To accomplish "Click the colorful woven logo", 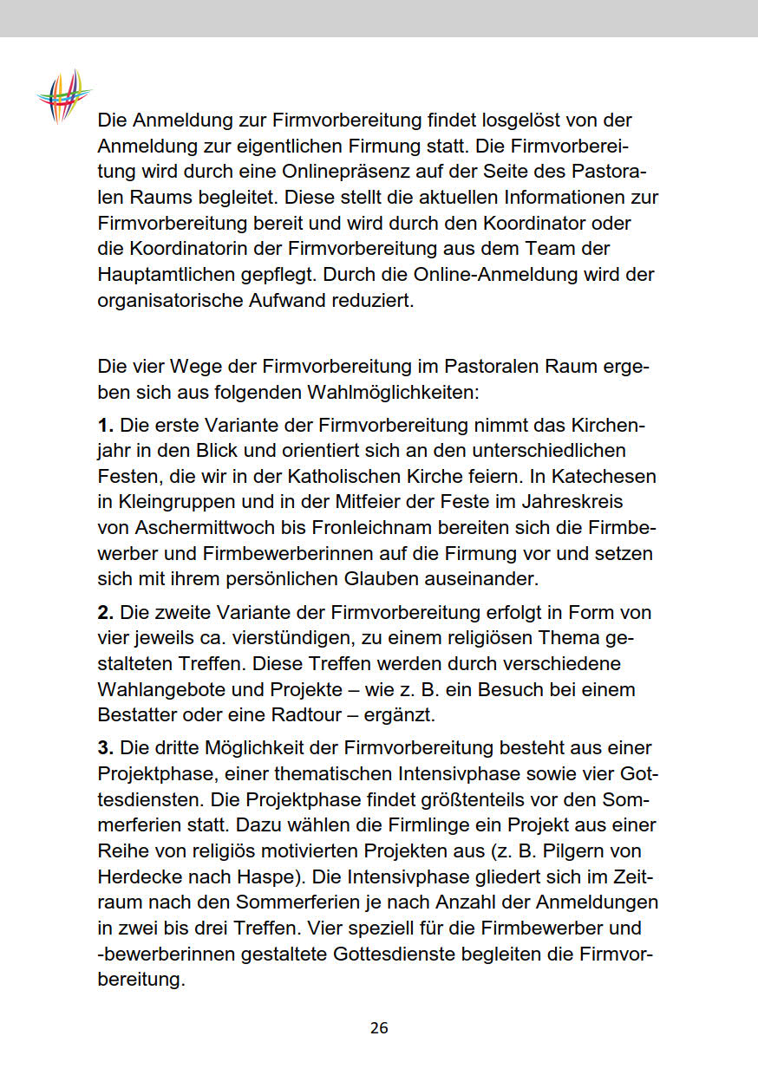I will click(63, 94).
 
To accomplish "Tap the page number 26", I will click(379, 1028).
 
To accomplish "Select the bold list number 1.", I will click(106, 426).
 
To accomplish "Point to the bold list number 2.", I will click(106, 613).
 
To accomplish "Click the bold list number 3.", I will click(106, 747).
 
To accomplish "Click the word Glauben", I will click(366, 577).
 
